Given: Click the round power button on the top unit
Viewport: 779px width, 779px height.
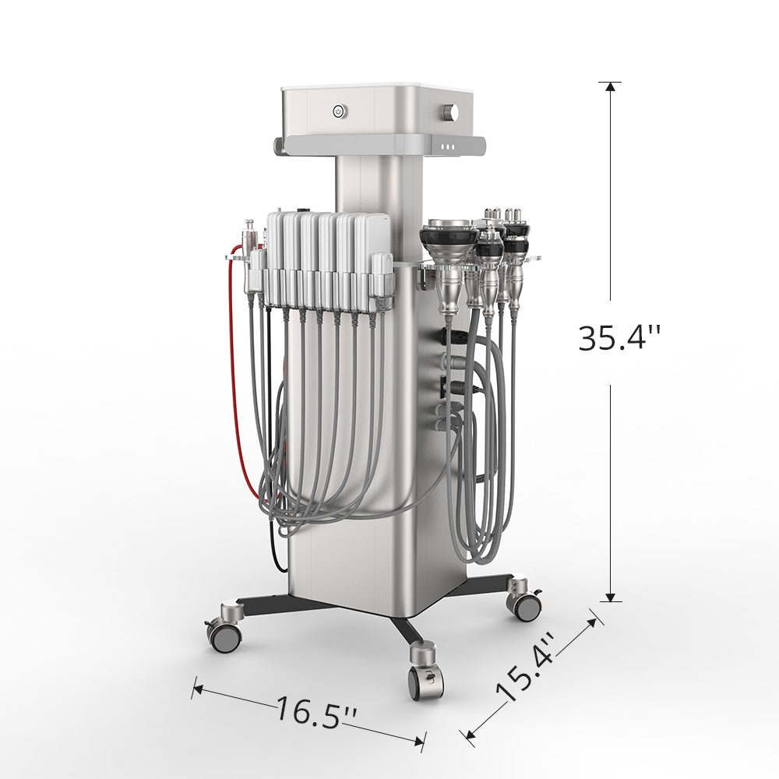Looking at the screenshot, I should coord(338,111).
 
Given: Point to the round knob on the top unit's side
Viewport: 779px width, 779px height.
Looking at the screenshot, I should coord(450,112).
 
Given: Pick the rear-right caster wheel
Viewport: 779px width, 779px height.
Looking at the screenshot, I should coord(524,601).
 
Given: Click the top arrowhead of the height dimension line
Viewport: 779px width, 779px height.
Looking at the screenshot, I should coord(610,86).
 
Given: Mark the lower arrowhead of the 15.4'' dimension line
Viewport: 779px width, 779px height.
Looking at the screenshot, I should coord(468,733).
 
